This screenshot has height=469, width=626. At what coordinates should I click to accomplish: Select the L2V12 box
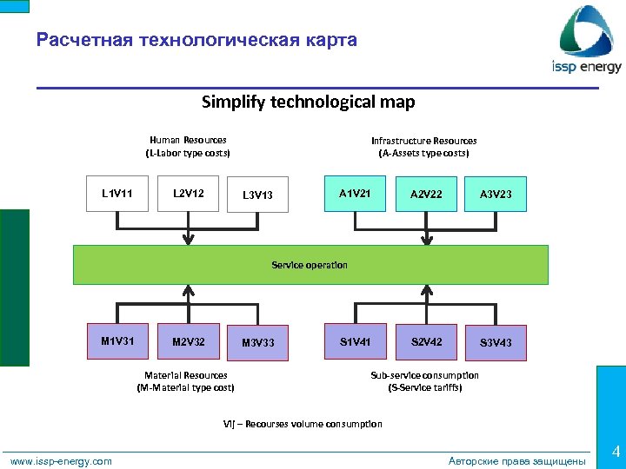[189, 193]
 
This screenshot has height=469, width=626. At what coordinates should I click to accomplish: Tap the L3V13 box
[257, 195]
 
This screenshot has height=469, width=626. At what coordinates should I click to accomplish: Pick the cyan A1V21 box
[355, 193]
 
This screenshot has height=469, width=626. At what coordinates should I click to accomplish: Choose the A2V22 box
[426, 195]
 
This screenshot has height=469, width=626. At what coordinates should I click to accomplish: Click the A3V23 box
[496, 195]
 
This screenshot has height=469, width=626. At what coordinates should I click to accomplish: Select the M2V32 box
[189, 341]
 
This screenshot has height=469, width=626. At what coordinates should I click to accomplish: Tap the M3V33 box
[257, 343]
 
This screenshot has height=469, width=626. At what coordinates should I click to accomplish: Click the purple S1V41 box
[355, 341]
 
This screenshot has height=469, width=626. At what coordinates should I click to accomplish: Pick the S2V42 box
[426, 341]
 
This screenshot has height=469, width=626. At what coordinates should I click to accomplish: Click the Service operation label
[310, 265]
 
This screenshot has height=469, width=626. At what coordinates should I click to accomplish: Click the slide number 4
[615, 452]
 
